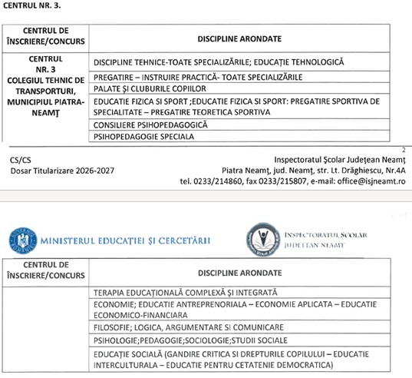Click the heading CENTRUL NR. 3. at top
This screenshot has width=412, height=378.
point(33,6)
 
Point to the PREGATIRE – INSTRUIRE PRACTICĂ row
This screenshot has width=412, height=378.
point(197,77)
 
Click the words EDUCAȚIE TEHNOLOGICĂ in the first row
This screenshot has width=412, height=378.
point(298,61)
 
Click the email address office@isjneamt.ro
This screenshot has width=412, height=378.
point(369,181)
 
